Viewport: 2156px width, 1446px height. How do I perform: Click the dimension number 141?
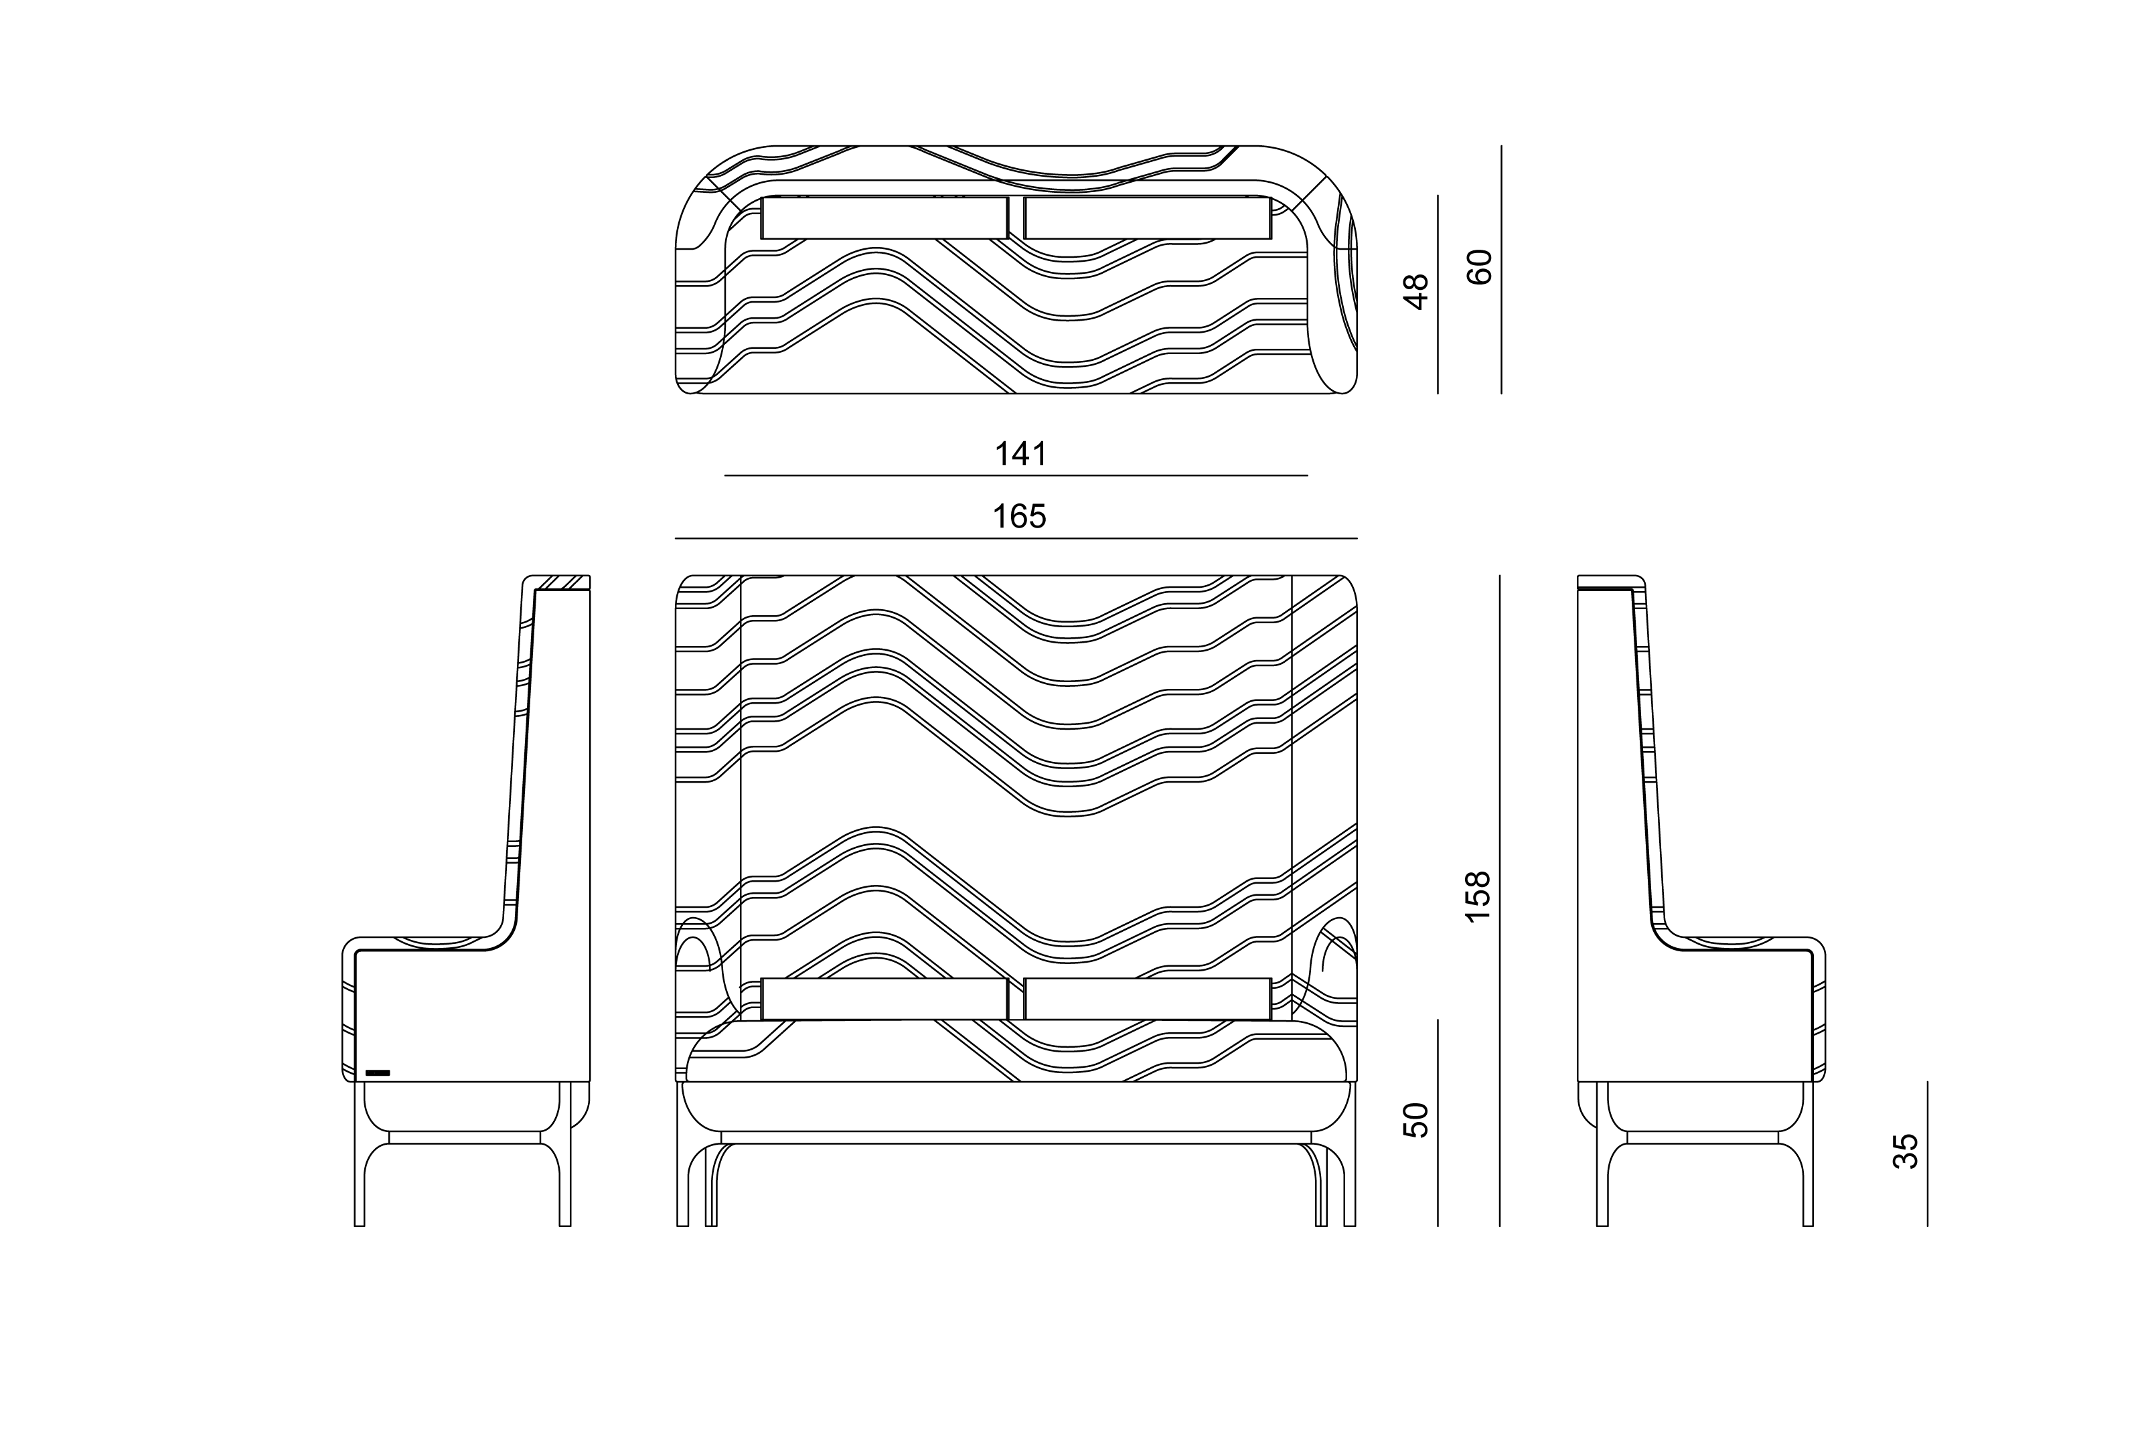click(1021, 454)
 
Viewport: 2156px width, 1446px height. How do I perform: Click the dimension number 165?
click(1019, 516)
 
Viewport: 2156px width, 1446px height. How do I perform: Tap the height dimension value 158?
click(1477, 896)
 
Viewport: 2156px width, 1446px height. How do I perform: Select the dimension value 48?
click(1415, 291)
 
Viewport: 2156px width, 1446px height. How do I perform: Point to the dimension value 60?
click(1479, 266)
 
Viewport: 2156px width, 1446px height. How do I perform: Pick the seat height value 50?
click(1415, 1119)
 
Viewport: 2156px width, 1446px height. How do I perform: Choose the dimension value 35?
click(1905, 1151)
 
